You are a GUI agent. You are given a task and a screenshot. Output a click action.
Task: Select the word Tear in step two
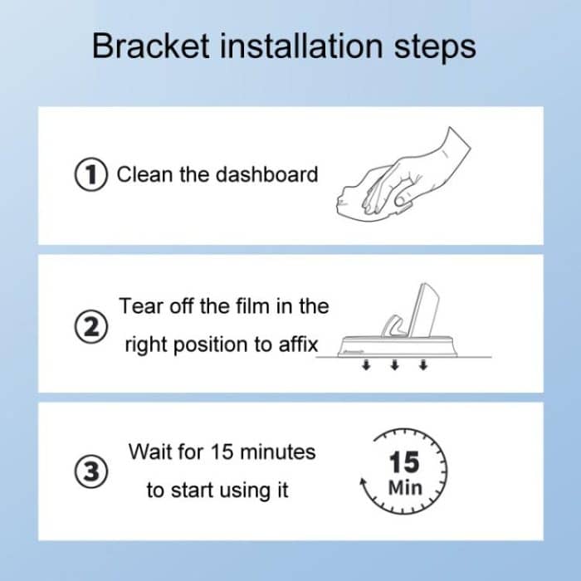[x=139, y=305]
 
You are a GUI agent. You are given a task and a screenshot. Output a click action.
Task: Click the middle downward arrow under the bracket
[x=394, y=366]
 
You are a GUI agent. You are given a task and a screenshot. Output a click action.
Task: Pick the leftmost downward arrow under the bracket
[x=365, y=366]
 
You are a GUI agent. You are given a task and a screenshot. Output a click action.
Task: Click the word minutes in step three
[x=276, y=452]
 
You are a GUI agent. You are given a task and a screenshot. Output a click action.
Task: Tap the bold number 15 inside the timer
[x=404, y=461]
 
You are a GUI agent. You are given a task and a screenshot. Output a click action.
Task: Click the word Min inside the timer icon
[x=404, y=486]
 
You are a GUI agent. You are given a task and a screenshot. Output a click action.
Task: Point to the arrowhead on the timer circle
[x=362, y=483]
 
